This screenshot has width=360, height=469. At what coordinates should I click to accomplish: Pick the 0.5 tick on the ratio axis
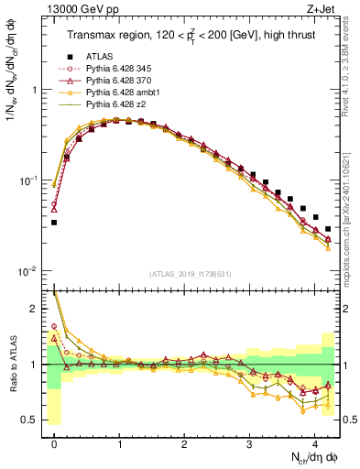pos(30,420)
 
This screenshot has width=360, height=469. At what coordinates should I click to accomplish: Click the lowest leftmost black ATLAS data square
pos(54,223)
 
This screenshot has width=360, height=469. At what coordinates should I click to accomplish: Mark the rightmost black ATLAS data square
pos(327,229)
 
